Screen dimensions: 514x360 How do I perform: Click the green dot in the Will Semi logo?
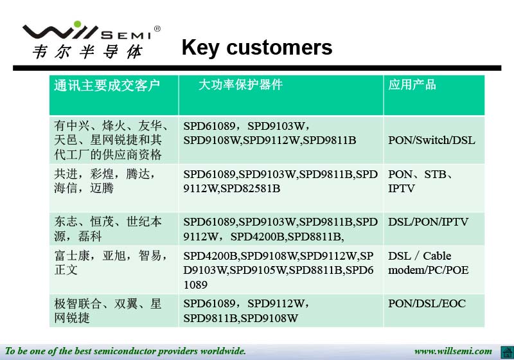(77, 24)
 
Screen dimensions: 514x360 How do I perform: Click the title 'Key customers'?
(257, 48)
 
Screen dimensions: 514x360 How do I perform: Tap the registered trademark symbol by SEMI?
(157, 29)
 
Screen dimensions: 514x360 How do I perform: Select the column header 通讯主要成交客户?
(107, 85)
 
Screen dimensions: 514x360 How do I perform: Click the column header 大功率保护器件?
(240, 85)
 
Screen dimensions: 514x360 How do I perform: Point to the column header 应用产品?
(412, 85)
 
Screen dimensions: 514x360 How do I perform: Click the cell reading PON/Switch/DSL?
(431, 140)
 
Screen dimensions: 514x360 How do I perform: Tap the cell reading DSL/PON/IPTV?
(428, 222)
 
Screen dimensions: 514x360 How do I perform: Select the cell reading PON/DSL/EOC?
(427, 303)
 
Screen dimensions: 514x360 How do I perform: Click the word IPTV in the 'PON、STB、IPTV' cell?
(401, 188)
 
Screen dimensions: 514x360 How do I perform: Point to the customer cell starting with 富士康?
(111, 263)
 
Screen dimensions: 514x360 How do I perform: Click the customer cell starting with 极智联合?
(108, 310)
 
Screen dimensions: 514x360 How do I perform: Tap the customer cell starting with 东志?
(108, 229)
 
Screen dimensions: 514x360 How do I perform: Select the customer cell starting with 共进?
(105, 181)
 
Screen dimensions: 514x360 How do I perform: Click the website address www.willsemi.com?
(453, 351)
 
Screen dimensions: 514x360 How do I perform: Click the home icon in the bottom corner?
(507, 352)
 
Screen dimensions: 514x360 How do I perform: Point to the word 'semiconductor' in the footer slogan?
(125, 351)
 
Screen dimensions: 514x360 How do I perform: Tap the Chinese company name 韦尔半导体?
(88, 52)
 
